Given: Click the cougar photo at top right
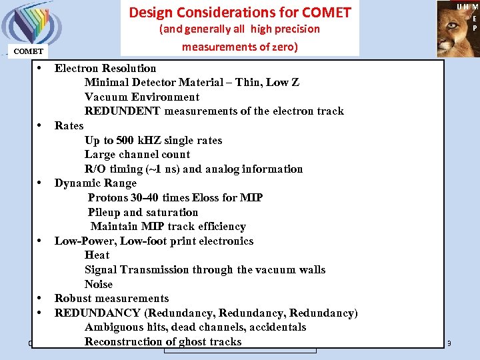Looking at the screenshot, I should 457,29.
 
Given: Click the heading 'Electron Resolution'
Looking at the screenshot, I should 105,68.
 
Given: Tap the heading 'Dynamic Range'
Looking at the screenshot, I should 95,183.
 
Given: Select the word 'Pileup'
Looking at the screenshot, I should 104,212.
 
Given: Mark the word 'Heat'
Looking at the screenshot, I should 97,255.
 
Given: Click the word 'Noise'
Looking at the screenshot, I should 99,284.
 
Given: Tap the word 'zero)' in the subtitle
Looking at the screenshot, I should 283,47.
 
